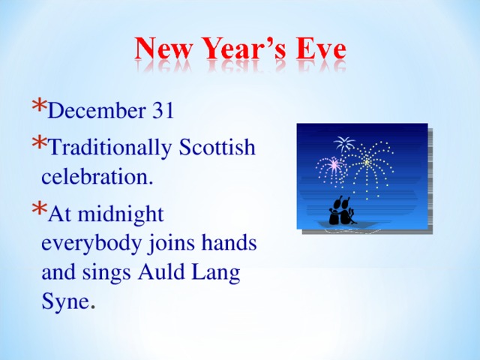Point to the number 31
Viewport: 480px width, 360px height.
[163, 111]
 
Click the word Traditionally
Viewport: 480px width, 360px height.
[109, 148]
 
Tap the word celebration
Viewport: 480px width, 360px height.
[97, 178]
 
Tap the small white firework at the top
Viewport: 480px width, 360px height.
[344, 143]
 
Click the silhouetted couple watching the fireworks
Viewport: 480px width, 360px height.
[342, 211]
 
